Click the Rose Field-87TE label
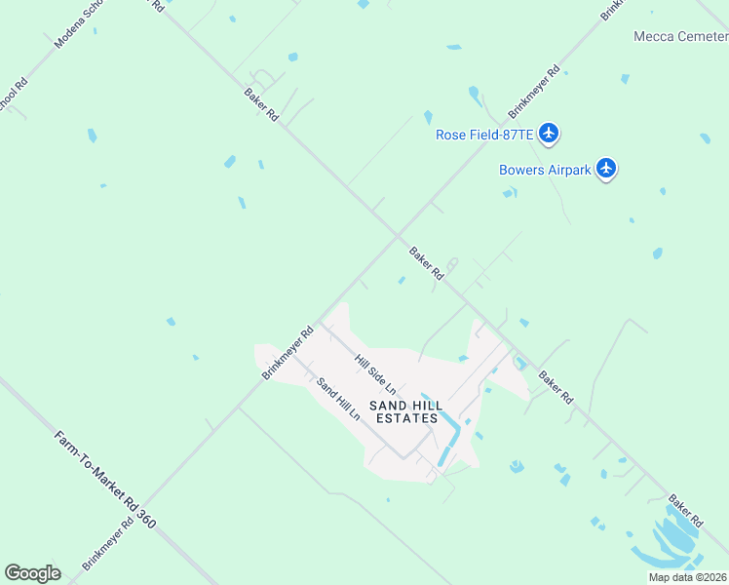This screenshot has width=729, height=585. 480,135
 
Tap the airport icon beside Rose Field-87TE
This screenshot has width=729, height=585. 550,133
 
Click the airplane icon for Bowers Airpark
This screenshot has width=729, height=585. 607,169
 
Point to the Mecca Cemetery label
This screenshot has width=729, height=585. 680,37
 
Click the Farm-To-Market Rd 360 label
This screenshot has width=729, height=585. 106,477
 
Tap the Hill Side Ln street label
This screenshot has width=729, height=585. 375,375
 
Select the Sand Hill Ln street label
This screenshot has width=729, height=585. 339,397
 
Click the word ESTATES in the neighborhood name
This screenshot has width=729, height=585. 403,418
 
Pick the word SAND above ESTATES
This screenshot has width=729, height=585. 386,405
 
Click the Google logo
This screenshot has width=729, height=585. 32,572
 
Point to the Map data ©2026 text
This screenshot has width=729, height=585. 688,577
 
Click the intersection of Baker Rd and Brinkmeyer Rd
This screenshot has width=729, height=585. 397,234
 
